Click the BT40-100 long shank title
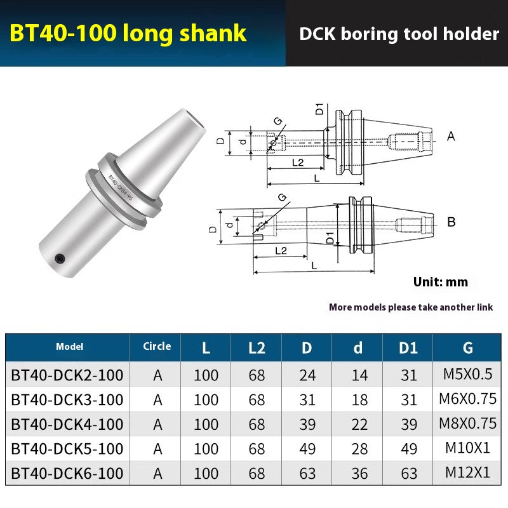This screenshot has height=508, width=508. [128, 32]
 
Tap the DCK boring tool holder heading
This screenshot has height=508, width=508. [399, 34]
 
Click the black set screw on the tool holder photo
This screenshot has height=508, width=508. [60, 258]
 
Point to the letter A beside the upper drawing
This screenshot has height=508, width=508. [451, 136]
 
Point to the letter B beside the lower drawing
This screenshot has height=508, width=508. [451, 222]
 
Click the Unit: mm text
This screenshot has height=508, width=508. [440, 282]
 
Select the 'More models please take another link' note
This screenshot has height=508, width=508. [410, 307]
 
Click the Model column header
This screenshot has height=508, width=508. [69, 347]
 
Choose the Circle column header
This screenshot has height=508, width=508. [157, 346]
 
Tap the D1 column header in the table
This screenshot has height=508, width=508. [409, 347]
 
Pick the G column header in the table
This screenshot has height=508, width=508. [468, 347]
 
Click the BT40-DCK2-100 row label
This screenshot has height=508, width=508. [67, 375]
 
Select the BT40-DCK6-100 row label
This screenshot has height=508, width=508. [67, 473]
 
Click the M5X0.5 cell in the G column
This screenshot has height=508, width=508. [468, 374]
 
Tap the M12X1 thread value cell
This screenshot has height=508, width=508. [468, 472]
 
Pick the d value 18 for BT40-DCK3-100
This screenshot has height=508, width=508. [359, 399]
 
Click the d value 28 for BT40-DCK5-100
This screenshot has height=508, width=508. [359, 449]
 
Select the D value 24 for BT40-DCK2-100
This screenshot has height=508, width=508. [307, 375]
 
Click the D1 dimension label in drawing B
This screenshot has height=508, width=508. [330, 239]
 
